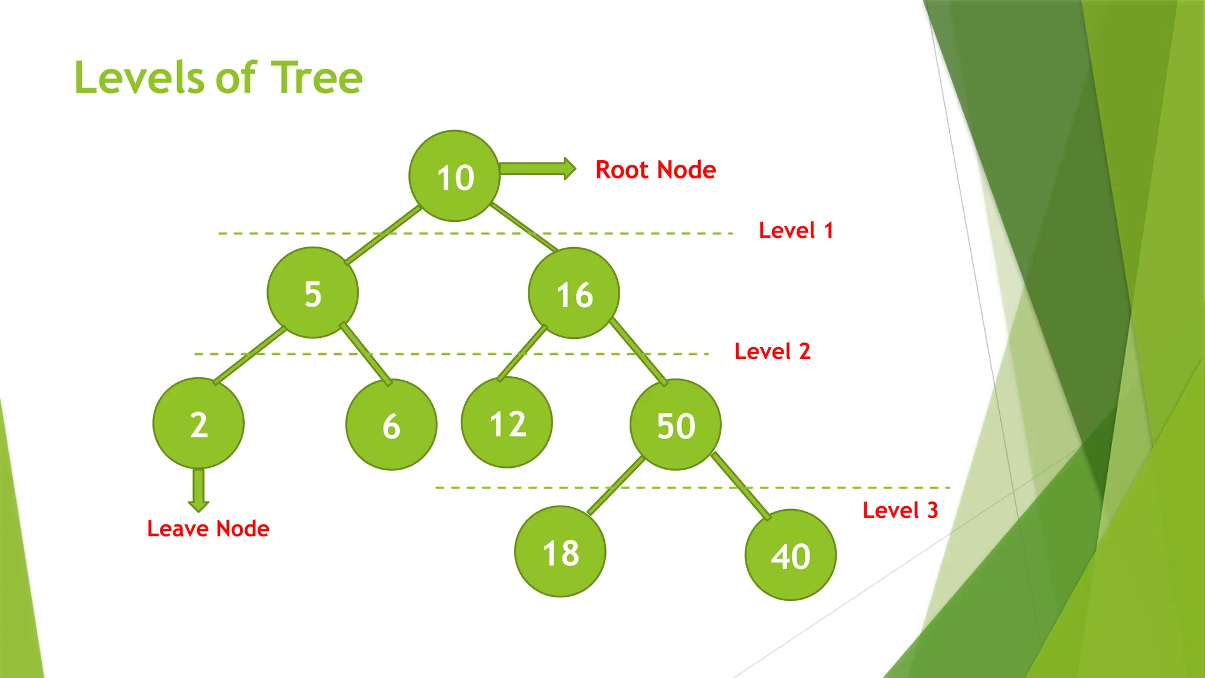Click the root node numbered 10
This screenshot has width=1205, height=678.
[454, 176]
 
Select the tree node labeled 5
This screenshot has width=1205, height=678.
[312, 293]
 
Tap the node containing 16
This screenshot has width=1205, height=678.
[574, 293]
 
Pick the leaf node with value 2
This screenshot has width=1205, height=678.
[198, 423]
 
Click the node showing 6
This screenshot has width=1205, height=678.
[391, 424]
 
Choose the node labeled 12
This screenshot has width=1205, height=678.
[507, 423]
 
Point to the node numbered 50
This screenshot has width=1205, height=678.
[675, 424]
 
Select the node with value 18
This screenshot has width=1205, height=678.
[560, 551]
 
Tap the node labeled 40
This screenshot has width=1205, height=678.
[790, 555]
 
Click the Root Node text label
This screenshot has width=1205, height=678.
[655, 170]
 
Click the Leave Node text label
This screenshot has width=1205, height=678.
[208, 529]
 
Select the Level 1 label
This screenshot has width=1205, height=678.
[795, 230]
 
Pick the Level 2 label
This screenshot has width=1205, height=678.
[772, 351]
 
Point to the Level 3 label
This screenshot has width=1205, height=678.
[900, 510]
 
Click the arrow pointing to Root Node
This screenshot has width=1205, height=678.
[537, 169]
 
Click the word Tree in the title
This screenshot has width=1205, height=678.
[318, 78]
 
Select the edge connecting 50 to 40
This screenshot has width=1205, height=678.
[741, 487]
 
